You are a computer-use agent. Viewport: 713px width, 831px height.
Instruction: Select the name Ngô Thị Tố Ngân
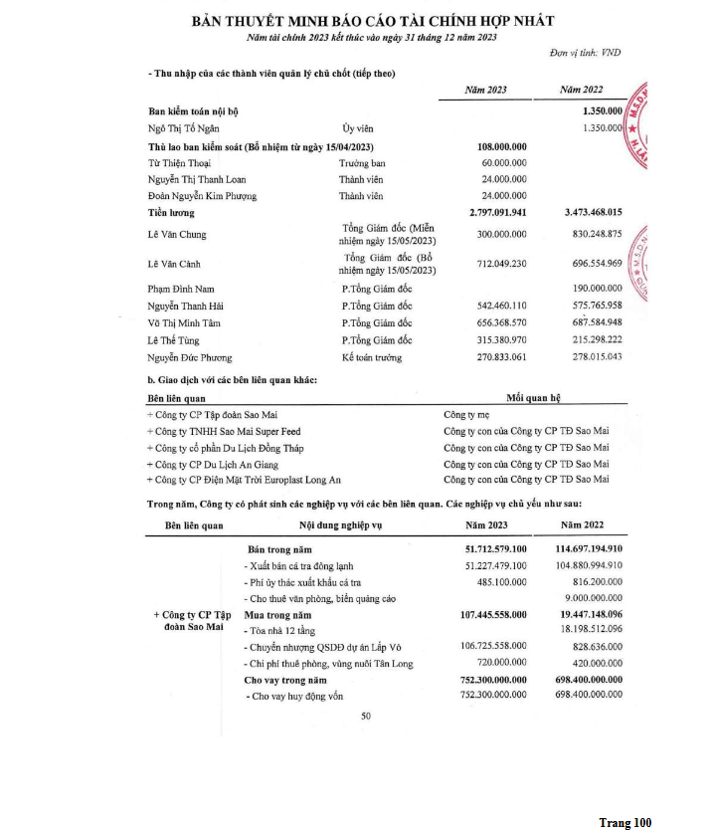[184, 128]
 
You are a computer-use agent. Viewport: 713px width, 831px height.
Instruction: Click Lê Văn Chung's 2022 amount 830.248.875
[592, 234]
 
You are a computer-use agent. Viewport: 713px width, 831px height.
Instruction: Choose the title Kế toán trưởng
[370, 356]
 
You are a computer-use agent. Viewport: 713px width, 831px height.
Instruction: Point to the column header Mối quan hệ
[534, 398]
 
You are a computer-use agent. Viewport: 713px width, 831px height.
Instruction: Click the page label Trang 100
[624, 822]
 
